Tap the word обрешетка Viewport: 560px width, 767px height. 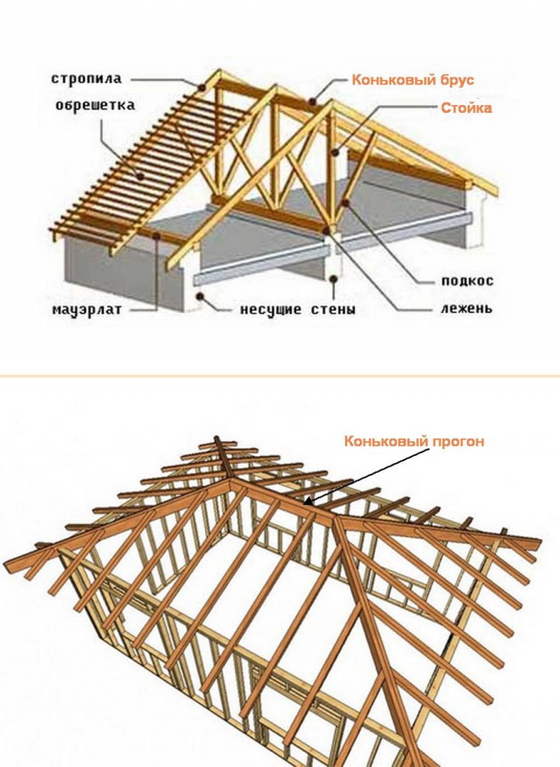tap(95, 105)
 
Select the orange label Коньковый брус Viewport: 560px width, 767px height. tap(412, 80)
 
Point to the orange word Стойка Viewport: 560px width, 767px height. tap(466, 108)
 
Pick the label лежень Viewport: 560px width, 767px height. tap(466, 309)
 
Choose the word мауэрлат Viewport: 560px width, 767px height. tap(83, 310)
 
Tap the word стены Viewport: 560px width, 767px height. tap(332, 310)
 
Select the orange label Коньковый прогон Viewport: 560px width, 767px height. tap(414, 441)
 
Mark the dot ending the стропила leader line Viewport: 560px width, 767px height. tap(203, 87)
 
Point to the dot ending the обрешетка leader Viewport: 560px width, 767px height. tap(141, 176)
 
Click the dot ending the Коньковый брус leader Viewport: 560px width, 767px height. tap(313, 102)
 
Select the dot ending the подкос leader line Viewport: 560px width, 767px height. tap(344, 203)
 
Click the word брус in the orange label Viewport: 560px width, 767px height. tap(455, 80)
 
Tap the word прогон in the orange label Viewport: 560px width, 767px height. tap(459, 441)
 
